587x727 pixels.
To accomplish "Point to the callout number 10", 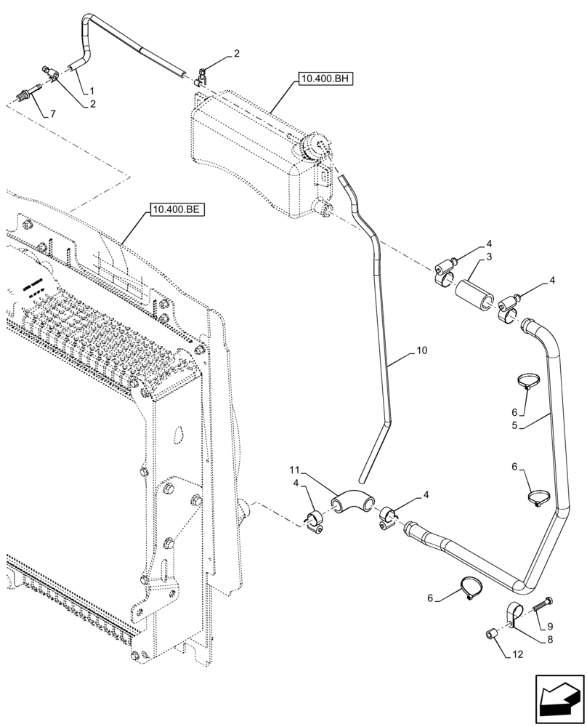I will [421, 350].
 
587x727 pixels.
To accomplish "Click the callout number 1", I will [92, 91].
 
